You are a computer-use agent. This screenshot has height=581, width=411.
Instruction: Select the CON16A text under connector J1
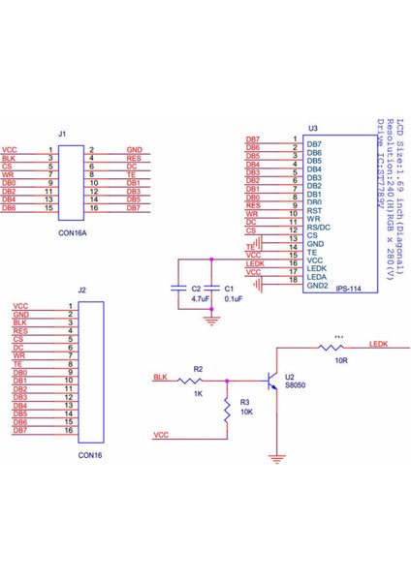tap(72, 233)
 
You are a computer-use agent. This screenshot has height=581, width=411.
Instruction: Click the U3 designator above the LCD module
tap(311, 128)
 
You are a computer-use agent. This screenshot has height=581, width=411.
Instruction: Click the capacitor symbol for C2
tap(179, 288)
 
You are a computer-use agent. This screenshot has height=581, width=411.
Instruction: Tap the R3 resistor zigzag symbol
tap(226, 412)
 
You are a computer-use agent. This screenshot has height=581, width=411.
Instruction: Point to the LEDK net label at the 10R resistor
tap(379, 343)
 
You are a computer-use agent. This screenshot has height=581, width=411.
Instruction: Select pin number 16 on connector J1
tap(94, 208)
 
